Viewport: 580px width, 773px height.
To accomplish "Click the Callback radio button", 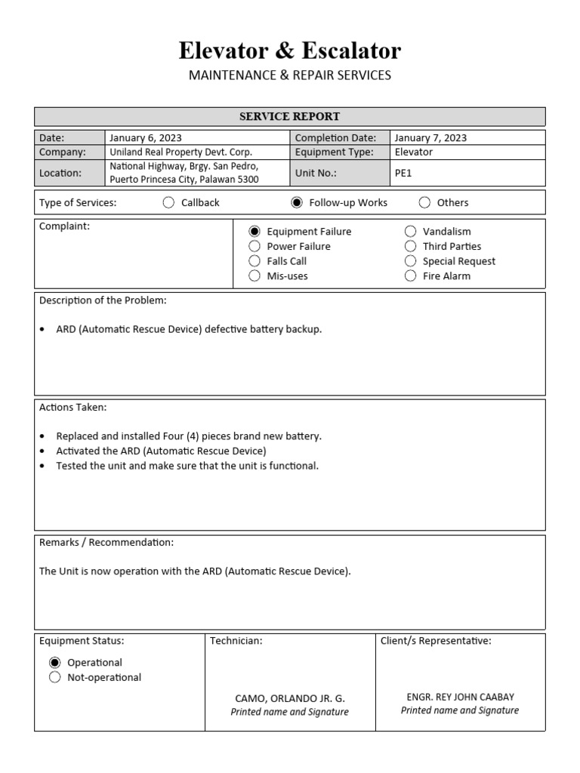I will click(x=168, y=202).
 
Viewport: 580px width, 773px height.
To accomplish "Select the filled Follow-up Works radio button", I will click(x=297, y=202).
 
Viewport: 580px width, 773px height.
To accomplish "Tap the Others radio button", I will click(x=424, y=202).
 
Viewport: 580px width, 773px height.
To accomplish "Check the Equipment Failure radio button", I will click(x=255, y=232).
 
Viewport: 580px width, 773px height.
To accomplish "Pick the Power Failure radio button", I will click(x=255, y=246).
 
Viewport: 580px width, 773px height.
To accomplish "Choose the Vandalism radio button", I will click(x=410, y=232).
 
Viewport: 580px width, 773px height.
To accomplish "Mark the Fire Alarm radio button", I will click(x=410, y=276).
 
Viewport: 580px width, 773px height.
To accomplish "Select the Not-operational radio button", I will click(x=55, y=677).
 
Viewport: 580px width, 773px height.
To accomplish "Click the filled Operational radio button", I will click(x=55, y=663).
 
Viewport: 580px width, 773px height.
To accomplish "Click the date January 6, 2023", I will click(x=145, y=138).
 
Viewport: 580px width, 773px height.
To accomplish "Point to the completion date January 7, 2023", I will click(x=430, y=138).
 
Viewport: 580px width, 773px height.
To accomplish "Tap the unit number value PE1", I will click(x=403, y=173).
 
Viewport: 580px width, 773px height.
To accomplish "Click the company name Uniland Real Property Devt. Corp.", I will click(x=180, y=152).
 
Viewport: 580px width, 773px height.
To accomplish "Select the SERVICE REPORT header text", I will click(x=289, y=116).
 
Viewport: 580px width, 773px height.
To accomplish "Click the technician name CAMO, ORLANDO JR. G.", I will click(x=290, y=698).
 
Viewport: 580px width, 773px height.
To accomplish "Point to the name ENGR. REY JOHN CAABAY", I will click(x=460, y=697).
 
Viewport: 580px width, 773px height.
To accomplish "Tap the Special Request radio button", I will click(x=410, y=261).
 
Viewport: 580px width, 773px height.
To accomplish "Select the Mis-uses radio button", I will click(x=255, y=276).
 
